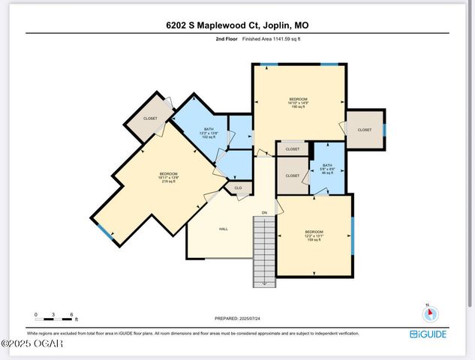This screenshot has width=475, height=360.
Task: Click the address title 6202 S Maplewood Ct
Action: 237,25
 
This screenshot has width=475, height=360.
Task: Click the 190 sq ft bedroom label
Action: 299,103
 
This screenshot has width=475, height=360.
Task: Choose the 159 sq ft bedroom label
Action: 314,235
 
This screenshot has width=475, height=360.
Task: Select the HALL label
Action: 224,229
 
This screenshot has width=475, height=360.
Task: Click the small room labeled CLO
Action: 238,188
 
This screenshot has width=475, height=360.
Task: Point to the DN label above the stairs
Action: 264,213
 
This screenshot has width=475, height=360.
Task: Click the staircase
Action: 264,251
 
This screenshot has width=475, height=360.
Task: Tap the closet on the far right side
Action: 365,130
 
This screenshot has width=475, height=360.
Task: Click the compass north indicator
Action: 431,314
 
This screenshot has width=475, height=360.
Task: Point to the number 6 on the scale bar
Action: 71,314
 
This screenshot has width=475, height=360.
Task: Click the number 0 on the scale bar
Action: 35,314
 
